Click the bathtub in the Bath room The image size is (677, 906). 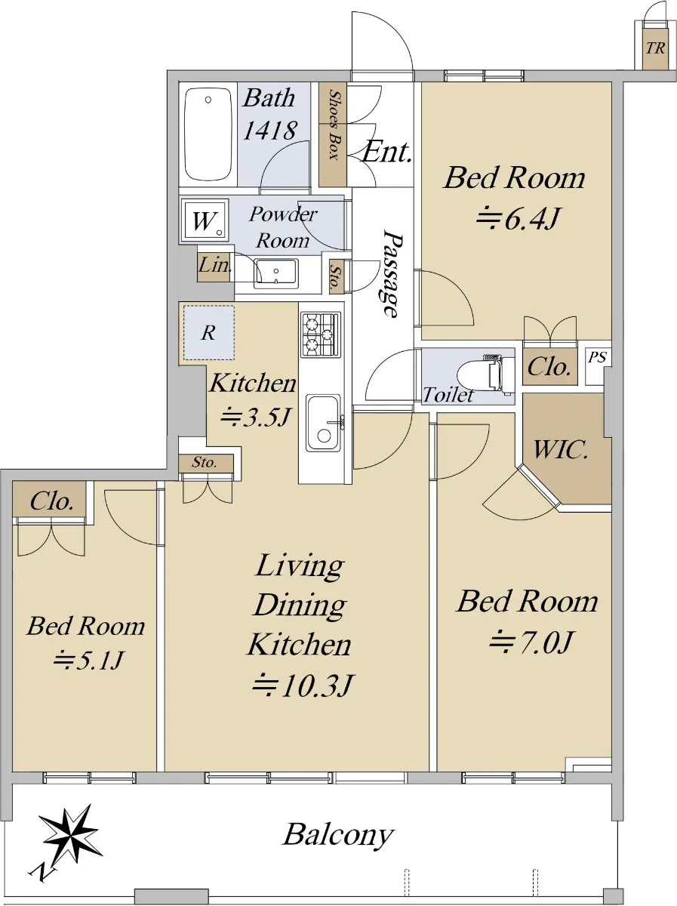[208, 134]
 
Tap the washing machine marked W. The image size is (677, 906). [205, 220]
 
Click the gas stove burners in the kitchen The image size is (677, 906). [321, 334]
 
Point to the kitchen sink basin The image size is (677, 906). [323, 423]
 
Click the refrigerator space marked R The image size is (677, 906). [209, 333]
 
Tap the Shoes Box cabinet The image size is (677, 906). [333, 134]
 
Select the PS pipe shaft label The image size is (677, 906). [598, 357]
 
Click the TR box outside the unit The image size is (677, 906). [655, 49]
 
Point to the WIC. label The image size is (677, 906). [560, 449]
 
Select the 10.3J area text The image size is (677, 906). [303, 686]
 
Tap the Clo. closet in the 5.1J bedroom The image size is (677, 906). [50, 498]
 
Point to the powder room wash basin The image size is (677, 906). [275, 273]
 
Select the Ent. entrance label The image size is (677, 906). [386, 152]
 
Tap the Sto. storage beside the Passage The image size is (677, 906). [336, 277]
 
